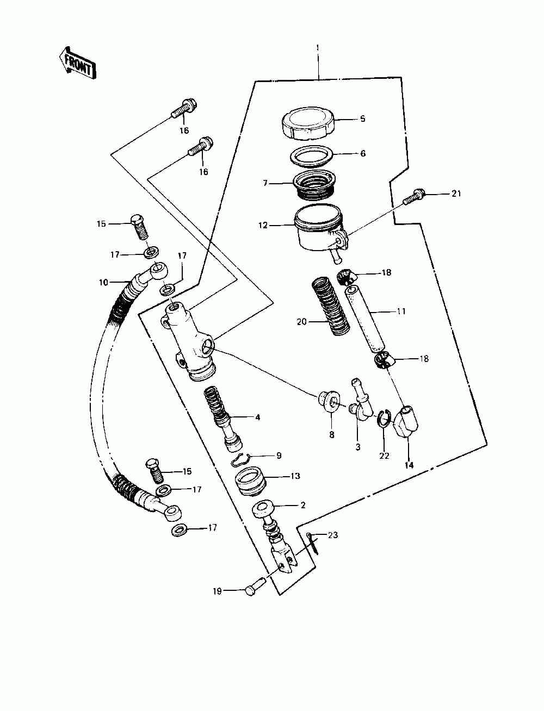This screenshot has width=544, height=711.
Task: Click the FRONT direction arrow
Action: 77,61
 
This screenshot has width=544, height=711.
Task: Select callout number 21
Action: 456,194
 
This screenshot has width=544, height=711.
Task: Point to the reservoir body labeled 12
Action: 318,228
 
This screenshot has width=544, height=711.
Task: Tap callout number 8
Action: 331,435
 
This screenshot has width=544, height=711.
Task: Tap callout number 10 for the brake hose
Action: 103,282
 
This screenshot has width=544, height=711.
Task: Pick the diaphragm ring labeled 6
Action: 312,156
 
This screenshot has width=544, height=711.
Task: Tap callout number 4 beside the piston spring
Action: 257,417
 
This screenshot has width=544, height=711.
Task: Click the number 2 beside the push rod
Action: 303,505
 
